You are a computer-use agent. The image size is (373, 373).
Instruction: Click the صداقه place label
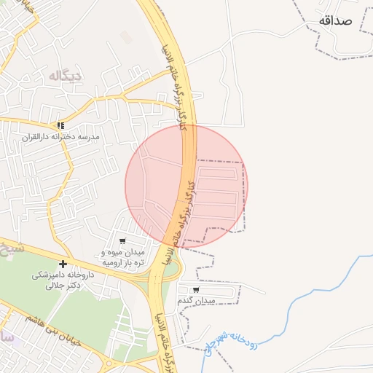334,20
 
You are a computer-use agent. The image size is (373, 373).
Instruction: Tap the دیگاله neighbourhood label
66,75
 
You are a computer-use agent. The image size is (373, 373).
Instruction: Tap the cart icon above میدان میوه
122,241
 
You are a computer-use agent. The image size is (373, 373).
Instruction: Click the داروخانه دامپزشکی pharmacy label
63,275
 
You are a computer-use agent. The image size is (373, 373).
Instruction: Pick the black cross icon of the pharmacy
63,264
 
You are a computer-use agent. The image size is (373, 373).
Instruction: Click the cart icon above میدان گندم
196,289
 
